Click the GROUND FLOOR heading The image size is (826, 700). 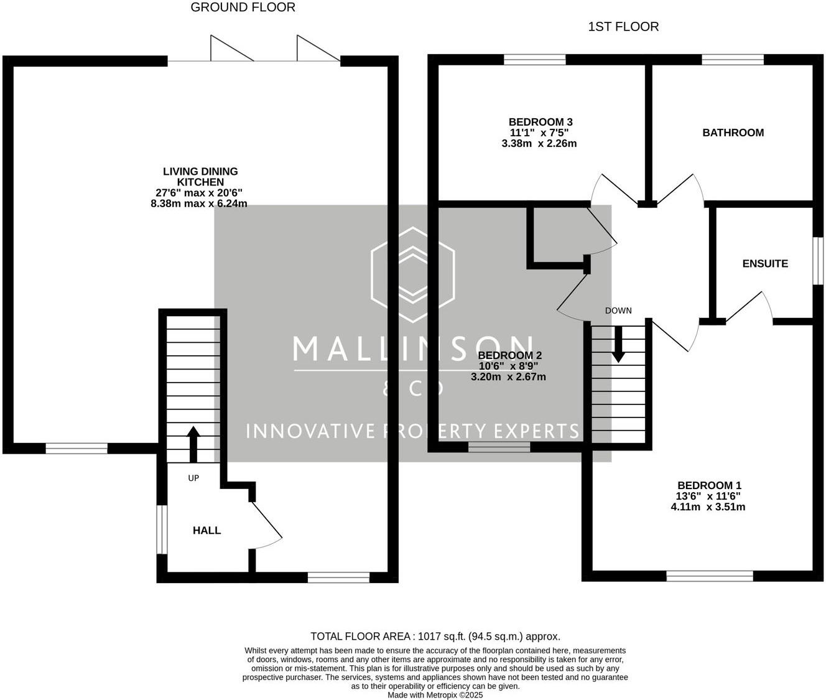click(x=243, y=7)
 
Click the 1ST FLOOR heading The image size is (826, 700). click(x=623, y=27)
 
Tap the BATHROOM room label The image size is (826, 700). click(x=733, y=133)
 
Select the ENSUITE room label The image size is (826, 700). click(x=765, y=263)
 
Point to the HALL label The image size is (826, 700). click(x=206, y=530)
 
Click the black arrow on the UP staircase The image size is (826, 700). click(x=193, y=444)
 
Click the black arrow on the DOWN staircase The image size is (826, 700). click(x=619, y=345)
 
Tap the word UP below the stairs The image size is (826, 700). click(x=193, y=478)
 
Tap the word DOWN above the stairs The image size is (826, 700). click(x=618, y=310)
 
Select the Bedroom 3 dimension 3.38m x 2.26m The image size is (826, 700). click(x=539, y=144)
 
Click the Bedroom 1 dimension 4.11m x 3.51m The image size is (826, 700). click(x=708, y=507)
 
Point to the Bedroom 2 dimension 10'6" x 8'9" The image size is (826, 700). click(x=508, y=366)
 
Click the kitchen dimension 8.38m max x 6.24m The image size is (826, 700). click(x=198, y=203)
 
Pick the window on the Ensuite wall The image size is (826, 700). click(x=819, y=261)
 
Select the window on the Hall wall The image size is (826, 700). click(x=162, y=530)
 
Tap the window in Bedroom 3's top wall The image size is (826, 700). click(x=535, y=60)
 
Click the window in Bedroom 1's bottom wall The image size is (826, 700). click(x=709, y=576)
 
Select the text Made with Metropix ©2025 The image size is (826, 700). click(x=435, y=695)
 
